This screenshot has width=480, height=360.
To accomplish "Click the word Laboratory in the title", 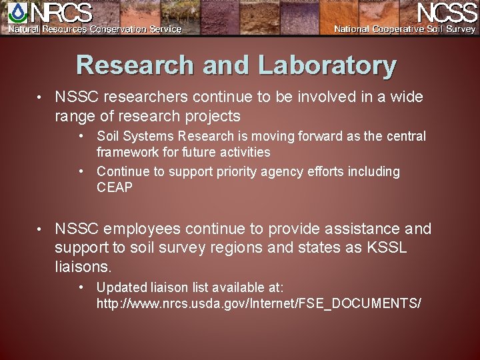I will pyautogui.click(x=327, y=65).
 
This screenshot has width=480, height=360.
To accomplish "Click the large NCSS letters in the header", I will pyautogui.click(x=446, y=13).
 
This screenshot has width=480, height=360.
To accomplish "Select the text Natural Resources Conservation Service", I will pyautogui.click(x=95, y=29).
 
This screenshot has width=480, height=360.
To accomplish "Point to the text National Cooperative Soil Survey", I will pyautogui.click(x=405, y=29).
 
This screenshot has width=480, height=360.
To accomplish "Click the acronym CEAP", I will pyautogui.click(x=115, y=187).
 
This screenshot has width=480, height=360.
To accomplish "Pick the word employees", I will pyautogui.click(x=140, y=229).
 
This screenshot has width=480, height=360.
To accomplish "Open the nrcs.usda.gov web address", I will pyautogui.click(x=259, y=303).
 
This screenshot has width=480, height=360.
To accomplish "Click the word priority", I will pyautogui.click(x=227, y=171).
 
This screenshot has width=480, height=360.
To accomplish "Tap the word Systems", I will pyautogui.click(x=151, y=136).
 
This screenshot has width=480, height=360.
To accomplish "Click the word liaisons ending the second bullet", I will pyautogui.click(x=83, y=267).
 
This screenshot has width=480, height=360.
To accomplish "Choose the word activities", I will pyautogui.click(x=243, y=152).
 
